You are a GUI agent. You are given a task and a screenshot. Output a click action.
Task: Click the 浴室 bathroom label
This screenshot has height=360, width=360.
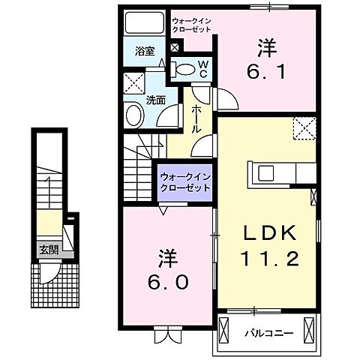click(145, 52)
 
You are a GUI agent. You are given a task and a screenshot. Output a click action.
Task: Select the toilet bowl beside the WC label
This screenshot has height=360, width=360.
click(184, 70)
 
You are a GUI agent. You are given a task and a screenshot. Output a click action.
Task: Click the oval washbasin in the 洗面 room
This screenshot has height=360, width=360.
click(134, 115)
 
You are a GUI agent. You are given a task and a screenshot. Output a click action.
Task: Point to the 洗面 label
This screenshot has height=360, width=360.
click(156, 98)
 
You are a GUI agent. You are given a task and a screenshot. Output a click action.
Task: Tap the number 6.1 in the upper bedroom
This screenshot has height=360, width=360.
click(267, 72)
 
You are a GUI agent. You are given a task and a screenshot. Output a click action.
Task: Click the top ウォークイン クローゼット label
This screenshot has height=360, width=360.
click(190, 25)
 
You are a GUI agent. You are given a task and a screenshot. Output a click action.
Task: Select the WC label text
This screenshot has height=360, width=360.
click(202, 69)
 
